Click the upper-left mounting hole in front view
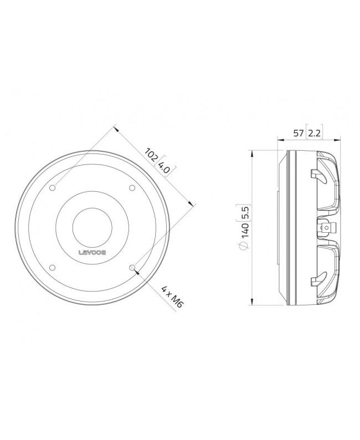point(53,188)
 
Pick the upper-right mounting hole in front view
point(132,188)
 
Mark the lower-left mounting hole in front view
point(53,268)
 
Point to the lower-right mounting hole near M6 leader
point(132,268)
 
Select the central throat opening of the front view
point(92,228)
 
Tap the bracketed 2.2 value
point(313,133)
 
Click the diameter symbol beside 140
point(244,245)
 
